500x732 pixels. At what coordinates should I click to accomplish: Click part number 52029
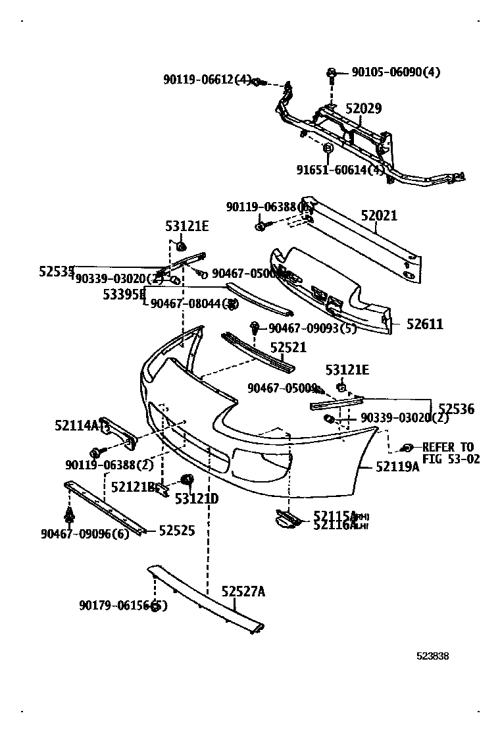363,109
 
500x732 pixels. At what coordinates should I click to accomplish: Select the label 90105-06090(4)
395,72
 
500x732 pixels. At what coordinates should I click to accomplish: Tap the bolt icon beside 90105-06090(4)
332,73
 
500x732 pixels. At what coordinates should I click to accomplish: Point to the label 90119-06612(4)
207,80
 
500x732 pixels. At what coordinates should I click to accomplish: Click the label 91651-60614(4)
341,170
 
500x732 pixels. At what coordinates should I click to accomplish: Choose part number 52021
379,216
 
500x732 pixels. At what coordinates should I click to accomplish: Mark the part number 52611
424,324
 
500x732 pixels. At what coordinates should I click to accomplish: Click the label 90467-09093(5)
312,328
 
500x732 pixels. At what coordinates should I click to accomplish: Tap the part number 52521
288,347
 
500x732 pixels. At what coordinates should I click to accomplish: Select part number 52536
456,409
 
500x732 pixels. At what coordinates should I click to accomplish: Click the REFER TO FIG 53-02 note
447,453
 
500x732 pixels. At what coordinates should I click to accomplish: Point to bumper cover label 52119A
397,467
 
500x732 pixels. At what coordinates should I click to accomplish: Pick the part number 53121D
196,499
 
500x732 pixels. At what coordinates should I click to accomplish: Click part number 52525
176,530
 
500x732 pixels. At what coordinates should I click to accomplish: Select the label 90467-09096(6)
85,533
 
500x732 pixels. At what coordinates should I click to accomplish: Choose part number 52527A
243,592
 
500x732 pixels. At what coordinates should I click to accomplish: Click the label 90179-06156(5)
122,606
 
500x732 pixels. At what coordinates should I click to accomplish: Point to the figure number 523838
432,656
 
